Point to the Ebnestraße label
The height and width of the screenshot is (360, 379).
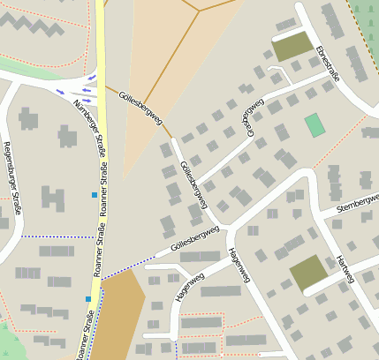click(327, 63)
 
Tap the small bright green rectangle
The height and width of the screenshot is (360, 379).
click(315, 124)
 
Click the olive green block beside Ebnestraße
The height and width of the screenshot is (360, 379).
click(292, 47)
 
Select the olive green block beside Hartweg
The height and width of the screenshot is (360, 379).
click(307, 274)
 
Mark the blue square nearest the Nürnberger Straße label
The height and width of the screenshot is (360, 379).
click(94, 194)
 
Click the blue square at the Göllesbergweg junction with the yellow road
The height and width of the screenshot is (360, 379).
click(88, 299)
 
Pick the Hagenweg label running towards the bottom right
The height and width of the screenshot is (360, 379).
click(239, 265)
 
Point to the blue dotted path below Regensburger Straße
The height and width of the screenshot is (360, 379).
click(53, 236)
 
